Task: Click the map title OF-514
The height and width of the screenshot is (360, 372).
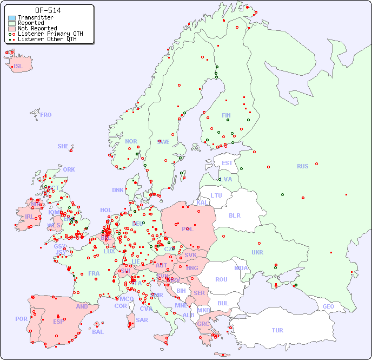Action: [x=48, y=10]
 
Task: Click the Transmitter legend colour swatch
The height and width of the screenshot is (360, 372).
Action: [x=12, y=18]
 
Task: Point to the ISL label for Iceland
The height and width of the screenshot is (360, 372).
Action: [x=18, y=67]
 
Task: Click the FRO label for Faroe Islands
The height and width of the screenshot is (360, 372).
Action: [x=46, y=115]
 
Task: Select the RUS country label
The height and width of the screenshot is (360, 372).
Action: [x=302, y=166]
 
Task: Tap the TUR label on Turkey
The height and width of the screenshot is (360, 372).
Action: [x=277, y=330]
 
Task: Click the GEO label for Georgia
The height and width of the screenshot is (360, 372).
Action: [x=328, y=306]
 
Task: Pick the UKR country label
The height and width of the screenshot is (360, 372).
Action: [x=257, y=252]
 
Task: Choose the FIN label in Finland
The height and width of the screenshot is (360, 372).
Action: [x=226, y=115]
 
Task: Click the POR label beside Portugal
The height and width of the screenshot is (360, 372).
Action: [x=21, y=319]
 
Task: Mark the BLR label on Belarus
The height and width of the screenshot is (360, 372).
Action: [x=235, y=215]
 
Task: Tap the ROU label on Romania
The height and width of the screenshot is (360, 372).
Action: [x=221, y=279]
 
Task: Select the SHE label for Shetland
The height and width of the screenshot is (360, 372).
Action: [x=63, y=146]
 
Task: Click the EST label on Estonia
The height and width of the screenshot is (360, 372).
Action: [x=227, y=163]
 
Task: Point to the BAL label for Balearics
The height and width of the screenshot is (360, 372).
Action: [x=97, y=332]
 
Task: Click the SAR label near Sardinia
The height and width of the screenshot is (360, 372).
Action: [x=142, y=320]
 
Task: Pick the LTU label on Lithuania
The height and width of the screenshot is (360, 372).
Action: [x=216, y=195]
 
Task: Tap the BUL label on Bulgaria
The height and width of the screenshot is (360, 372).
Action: [x=223, y=303]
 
